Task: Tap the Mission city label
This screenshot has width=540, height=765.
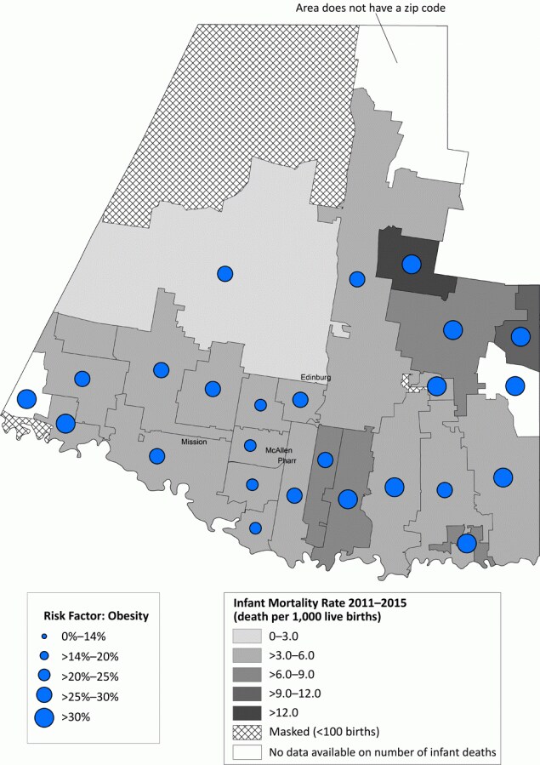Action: tap(195, 442)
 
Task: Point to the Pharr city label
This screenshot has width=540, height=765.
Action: tap(285, 460)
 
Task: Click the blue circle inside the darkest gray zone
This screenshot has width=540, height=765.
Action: tap(412, 264)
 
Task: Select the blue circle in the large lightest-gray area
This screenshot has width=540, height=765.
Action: tap(225, 273)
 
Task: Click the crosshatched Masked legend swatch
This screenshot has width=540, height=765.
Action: tap(245, 731)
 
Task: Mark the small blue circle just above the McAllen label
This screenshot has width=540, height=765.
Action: tap(250, 445)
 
